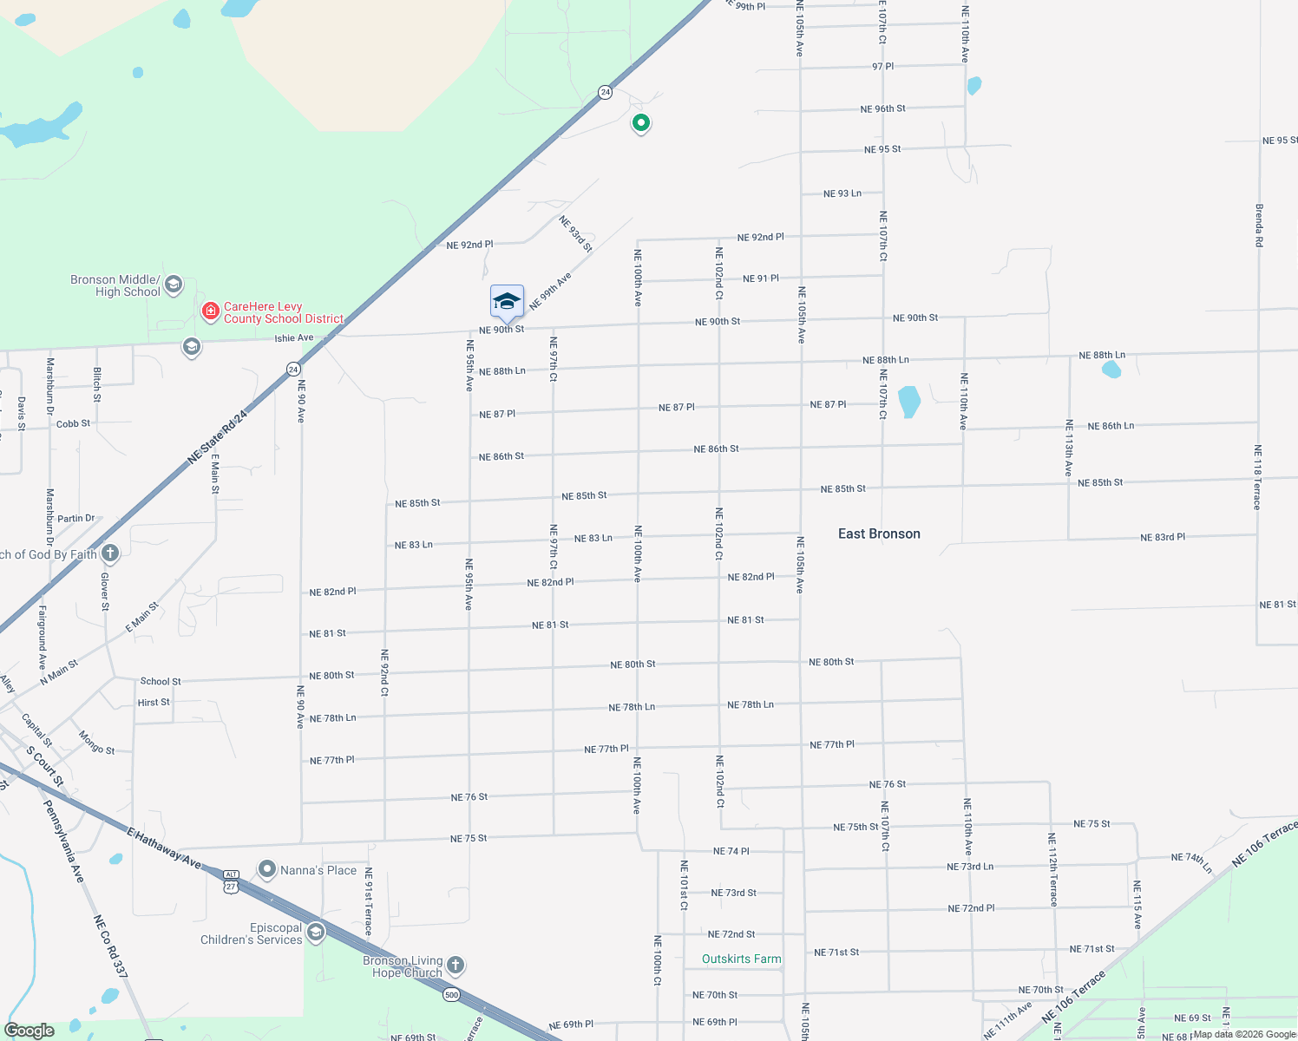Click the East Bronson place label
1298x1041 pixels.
point(879,534)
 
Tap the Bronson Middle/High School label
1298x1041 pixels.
point(115,285)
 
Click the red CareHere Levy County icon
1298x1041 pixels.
point(210,311)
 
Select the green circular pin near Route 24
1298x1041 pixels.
point(640,123)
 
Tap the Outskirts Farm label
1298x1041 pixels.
point(741,959)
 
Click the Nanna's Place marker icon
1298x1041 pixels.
point(267,869)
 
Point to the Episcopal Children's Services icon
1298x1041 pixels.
point(316,933)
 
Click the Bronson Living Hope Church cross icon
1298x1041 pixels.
point(456,965)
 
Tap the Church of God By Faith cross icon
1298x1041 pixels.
point(110,553)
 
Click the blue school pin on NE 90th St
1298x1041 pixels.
point(507,302)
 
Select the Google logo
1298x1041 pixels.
point(29,1031)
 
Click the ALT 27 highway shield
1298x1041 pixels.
point(231,881)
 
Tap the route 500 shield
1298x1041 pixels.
point(451,994)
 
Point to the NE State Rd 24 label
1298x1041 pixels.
point(218,437)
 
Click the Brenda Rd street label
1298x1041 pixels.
point(1259,226)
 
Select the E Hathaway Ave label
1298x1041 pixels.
point(164,848)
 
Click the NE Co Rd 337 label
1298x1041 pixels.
point(110,946)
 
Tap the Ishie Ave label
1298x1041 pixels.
point(294,337)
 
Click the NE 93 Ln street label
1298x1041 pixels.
point(842,193)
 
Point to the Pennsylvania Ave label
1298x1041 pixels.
point(64,841)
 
